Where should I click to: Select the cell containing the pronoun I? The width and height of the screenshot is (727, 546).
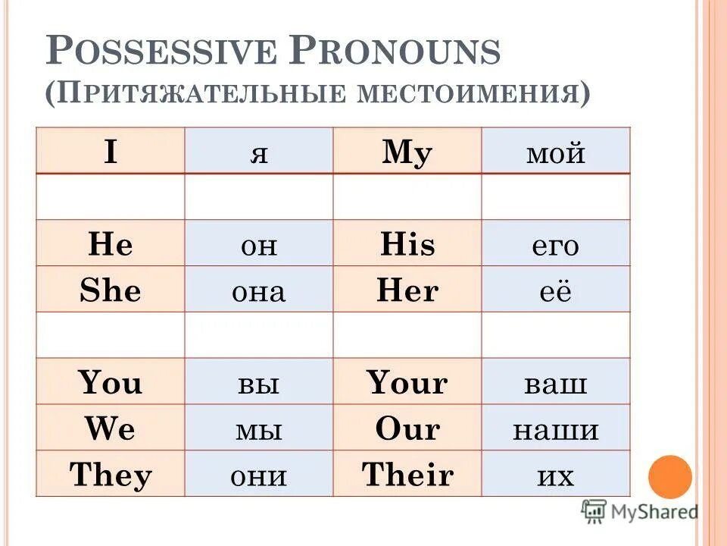(111, 152)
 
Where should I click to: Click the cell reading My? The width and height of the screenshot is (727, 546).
(407, 152)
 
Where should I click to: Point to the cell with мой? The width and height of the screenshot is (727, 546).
(555, 152)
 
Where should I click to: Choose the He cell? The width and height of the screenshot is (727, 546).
(111, 244)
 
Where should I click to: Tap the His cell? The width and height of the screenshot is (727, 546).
(407, 244)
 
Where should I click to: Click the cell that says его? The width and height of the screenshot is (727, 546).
(555, 244)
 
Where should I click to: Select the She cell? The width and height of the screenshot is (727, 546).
(111, 290)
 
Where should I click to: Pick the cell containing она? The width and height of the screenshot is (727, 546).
(258, 290)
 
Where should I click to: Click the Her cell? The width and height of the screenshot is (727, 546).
(407, 290)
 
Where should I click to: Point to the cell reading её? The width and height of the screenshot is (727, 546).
(555, 290)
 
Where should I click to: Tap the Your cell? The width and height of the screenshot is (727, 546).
(407, 383)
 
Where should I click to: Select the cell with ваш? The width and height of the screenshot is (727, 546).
(555, 383)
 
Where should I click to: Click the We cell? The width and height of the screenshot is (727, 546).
(111, 429)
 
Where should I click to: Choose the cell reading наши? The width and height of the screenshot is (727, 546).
(555, 429)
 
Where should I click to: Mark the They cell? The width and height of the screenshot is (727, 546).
(111, 475)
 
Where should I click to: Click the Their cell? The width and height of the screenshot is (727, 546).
(407, 475)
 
